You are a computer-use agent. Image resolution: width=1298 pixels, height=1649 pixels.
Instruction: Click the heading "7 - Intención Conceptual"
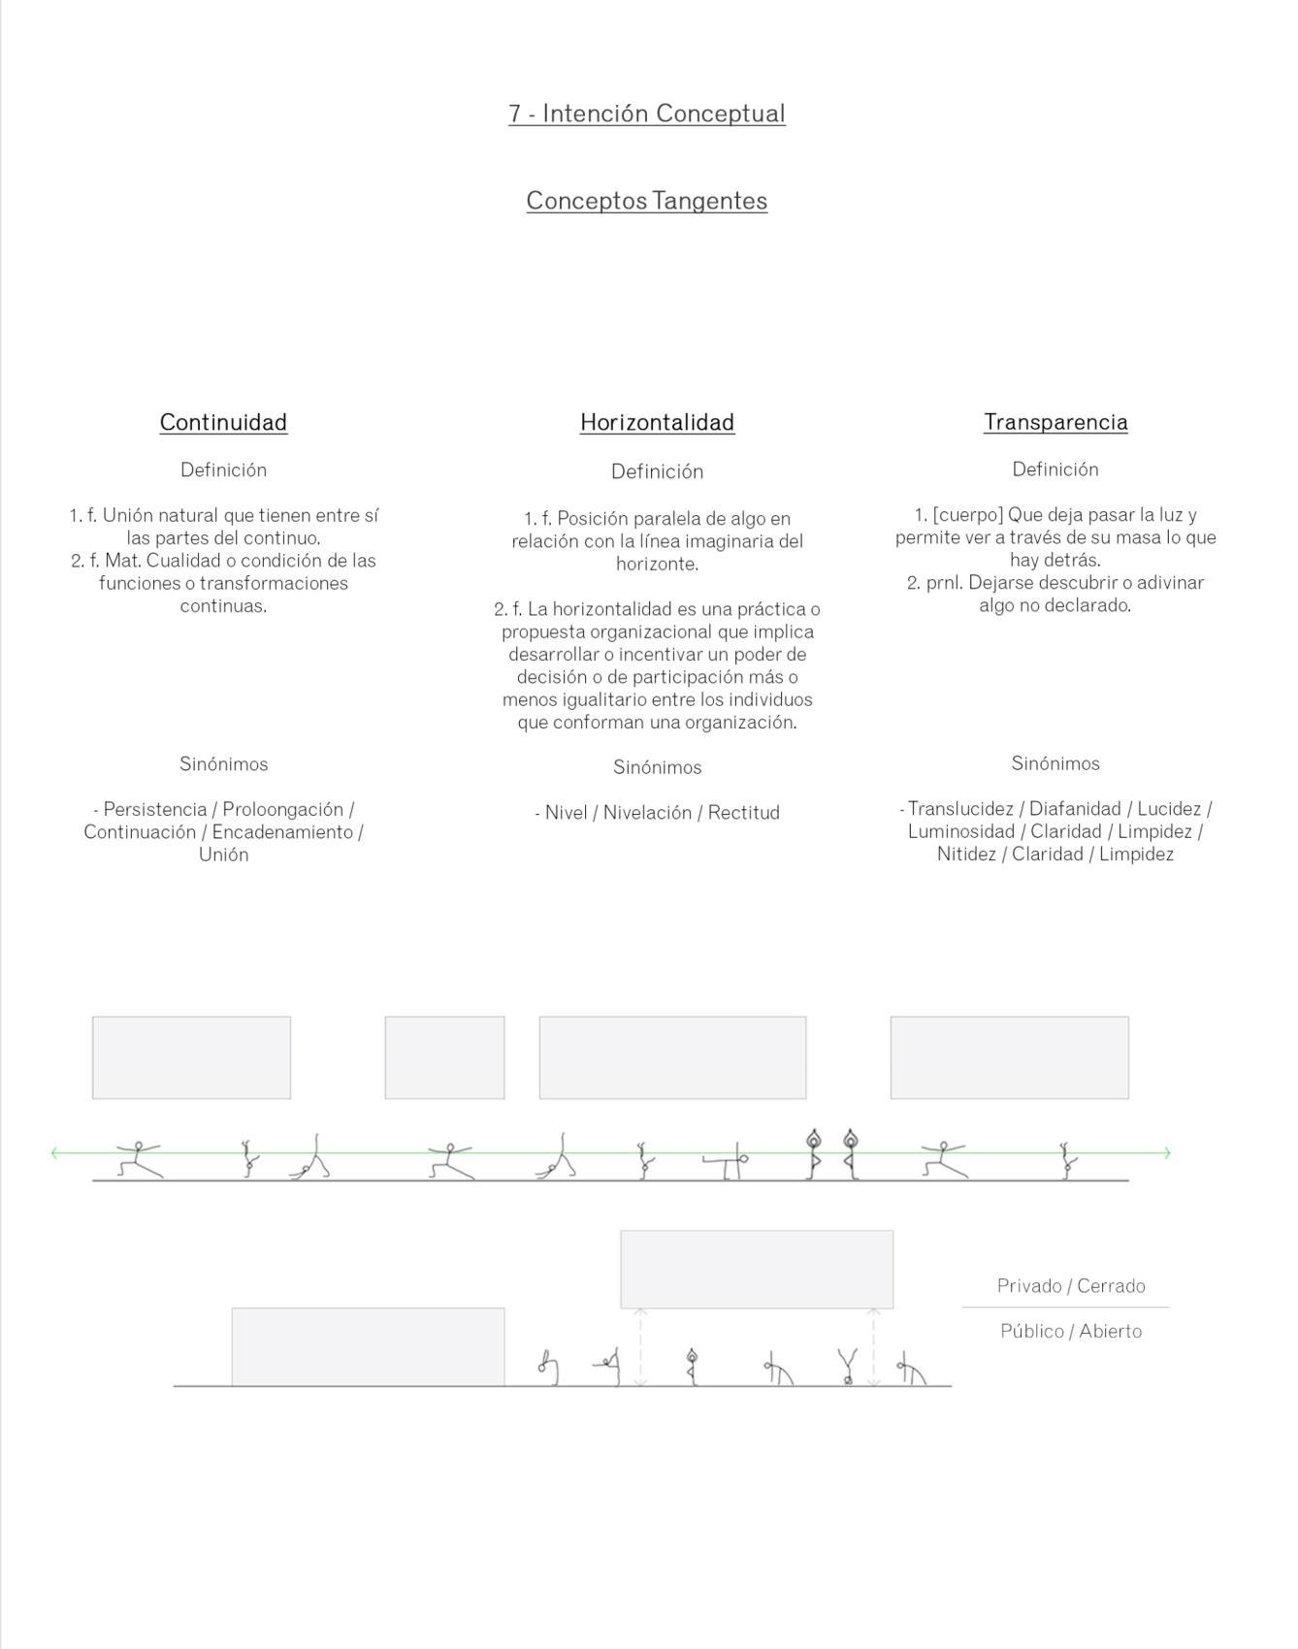coord(646,113)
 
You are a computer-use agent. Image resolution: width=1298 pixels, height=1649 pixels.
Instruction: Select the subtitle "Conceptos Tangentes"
coord(646,201)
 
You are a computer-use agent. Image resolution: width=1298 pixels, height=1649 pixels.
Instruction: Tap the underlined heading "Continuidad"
coord(223,422)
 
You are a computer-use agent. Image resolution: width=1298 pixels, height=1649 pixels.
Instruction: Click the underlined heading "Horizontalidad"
coord(657,422)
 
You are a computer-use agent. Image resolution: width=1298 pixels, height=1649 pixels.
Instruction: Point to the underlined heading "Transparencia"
coord(1055,422)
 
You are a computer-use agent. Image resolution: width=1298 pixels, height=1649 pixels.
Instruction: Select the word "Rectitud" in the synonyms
coord(743,813)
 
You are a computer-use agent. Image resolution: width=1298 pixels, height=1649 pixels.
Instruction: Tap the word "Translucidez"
coord(960,809)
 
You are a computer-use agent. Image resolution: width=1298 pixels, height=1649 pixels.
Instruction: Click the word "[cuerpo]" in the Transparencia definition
coord(967,515)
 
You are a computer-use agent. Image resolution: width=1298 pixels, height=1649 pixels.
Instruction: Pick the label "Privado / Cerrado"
coord(1071,1286)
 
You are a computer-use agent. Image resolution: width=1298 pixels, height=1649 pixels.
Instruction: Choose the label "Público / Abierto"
coord(1071,1332)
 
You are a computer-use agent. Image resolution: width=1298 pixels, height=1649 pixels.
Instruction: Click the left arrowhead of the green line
coord(54,1153)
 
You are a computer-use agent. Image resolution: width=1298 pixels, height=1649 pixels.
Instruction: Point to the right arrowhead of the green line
coord(1167,1153)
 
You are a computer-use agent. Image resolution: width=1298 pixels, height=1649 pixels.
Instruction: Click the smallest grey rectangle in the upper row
coord(444,1057)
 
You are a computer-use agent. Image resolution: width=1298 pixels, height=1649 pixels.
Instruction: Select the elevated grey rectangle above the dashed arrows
coord(757,1269)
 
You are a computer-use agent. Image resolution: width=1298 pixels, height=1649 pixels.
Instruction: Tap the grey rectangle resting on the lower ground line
coord(368,1346)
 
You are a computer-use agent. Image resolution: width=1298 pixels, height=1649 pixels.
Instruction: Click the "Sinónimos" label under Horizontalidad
coord(657,767)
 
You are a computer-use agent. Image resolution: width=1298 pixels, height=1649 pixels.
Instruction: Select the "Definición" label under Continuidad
coord(223,470)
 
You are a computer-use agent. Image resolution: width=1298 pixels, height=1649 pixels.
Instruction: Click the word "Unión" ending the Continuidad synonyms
coord(223,855)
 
